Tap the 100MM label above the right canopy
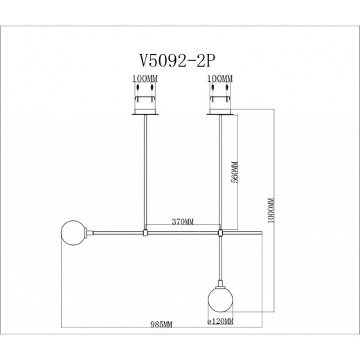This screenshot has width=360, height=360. pyautogui.click(x=219, y=81)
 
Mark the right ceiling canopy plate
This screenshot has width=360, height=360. pyautogui.click(x=219, y=110)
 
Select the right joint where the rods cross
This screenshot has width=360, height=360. pyautogui.click(x=219, y=233)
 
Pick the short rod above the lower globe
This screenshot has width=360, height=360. pyautogui.click(x=220, y=260)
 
